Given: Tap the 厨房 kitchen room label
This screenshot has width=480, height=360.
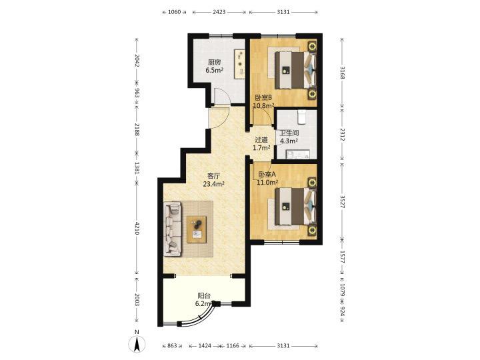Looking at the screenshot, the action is (214, 63).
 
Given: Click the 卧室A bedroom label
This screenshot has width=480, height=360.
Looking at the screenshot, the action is (267, 175).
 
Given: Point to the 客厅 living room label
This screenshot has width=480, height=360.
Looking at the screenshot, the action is (213, 176).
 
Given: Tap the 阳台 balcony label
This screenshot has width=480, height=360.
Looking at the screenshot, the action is (204, 296).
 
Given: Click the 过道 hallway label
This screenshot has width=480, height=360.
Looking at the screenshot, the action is (261, 140).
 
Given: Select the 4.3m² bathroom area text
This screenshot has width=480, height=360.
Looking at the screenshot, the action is (289, 141).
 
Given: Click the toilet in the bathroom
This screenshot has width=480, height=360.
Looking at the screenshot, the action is (301, 117).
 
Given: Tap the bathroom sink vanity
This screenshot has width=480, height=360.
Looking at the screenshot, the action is (297, 154).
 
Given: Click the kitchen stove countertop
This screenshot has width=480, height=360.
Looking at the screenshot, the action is (240, 64).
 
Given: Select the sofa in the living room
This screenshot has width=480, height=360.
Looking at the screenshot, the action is (173, 229).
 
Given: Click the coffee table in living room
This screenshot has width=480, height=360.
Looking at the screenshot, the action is (197, 229).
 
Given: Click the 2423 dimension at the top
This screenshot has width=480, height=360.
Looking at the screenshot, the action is (219, 12).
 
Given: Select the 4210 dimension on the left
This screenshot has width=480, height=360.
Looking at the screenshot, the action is (137, 229).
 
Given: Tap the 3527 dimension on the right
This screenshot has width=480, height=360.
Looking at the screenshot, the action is (343, 202).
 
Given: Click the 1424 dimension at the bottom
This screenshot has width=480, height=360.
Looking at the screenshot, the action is (205, 345).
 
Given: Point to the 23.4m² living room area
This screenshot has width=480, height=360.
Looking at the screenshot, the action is (214, 184).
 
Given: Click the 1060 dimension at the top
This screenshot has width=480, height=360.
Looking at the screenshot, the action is (175, 12).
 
